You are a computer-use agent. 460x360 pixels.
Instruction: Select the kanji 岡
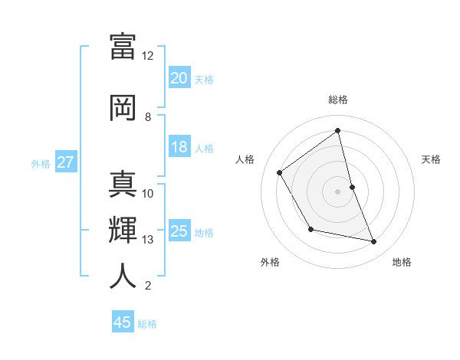pyautogui.click(x=123, y=108)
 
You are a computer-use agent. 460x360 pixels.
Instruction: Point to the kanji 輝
pyautogui.click(x=123, y=231)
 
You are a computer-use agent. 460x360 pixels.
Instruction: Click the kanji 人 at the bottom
pyautogui.click(x=123, y=277)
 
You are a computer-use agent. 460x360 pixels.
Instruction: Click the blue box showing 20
pyautogui.click(x=179, y=77)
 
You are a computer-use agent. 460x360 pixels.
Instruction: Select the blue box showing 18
pyautogui.click(x=179, y=148)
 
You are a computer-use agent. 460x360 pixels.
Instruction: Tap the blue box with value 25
pyautogui.click(x=179, y=231)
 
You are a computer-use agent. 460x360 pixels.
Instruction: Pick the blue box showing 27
pyautogui.click(x=65, y=162)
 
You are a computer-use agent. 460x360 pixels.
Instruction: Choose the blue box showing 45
pyautogui.click(x=123, y=322)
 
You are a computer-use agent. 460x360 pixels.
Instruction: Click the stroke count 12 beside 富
pyautogui.click(x=147, y=56)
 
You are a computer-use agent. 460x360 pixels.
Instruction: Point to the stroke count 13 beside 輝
pyautogui.click(x=147, y=240)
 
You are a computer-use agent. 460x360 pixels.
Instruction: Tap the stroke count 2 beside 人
pyautogui.click(x=147, y=286)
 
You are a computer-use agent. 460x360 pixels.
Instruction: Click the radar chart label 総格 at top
pyautogui.click(x=337, y=100)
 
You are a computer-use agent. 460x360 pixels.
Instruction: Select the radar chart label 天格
pyautogui.click(x=431, y=159)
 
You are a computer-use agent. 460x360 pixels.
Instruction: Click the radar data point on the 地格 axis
pyautogui.click(x=374, y=242)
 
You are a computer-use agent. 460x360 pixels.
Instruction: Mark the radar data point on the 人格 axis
pyautogui.click(x=280, y=172)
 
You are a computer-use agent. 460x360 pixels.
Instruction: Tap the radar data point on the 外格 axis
pyautogui.click(x=310, y=229)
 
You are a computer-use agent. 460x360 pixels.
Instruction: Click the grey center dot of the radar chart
pyautogui.click(x=337, y=191)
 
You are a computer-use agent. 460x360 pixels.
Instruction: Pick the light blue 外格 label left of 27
pyautogui.click(x=41, y=163)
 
